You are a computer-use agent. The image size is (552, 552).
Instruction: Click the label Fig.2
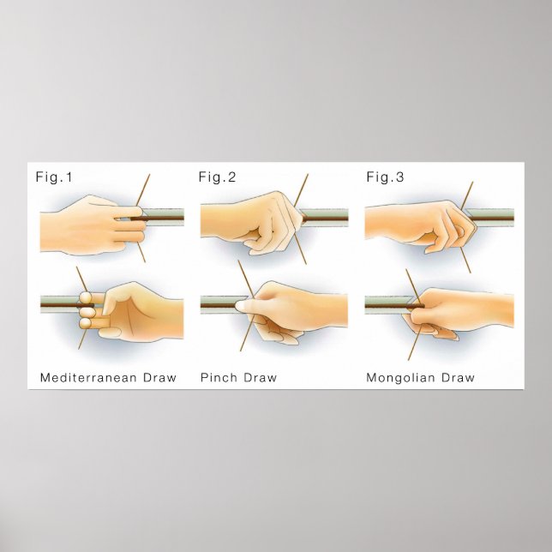tap(217, 177)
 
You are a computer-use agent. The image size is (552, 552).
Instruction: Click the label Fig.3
tap(384, 177)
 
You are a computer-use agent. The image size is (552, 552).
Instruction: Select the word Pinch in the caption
tap(219, 377)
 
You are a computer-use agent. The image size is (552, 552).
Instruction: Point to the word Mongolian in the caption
tap(402, 377)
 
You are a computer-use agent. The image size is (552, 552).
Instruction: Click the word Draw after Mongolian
tap(459, 377)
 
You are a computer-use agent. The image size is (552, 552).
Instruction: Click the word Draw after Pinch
tap(261, 377)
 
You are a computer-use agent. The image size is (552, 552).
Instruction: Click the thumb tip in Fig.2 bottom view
tap(243, 303)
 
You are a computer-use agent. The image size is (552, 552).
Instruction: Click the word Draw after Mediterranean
tap(159, 377)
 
